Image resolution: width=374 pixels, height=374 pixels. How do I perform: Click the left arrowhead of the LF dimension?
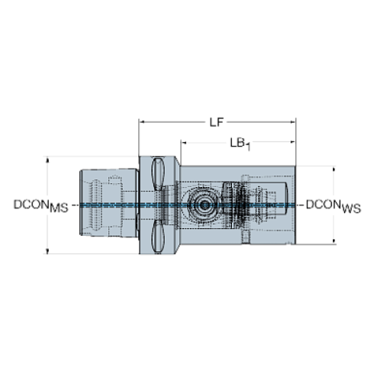click(142, 120)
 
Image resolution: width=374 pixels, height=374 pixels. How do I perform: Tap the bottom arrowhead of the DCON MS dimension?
click(49, 249)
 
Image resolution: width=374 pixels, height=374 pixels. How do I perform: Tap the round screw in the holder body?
click(204, 205)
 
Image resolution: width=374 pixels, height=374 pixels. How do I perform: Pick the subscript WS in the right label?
click(352, 208)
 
